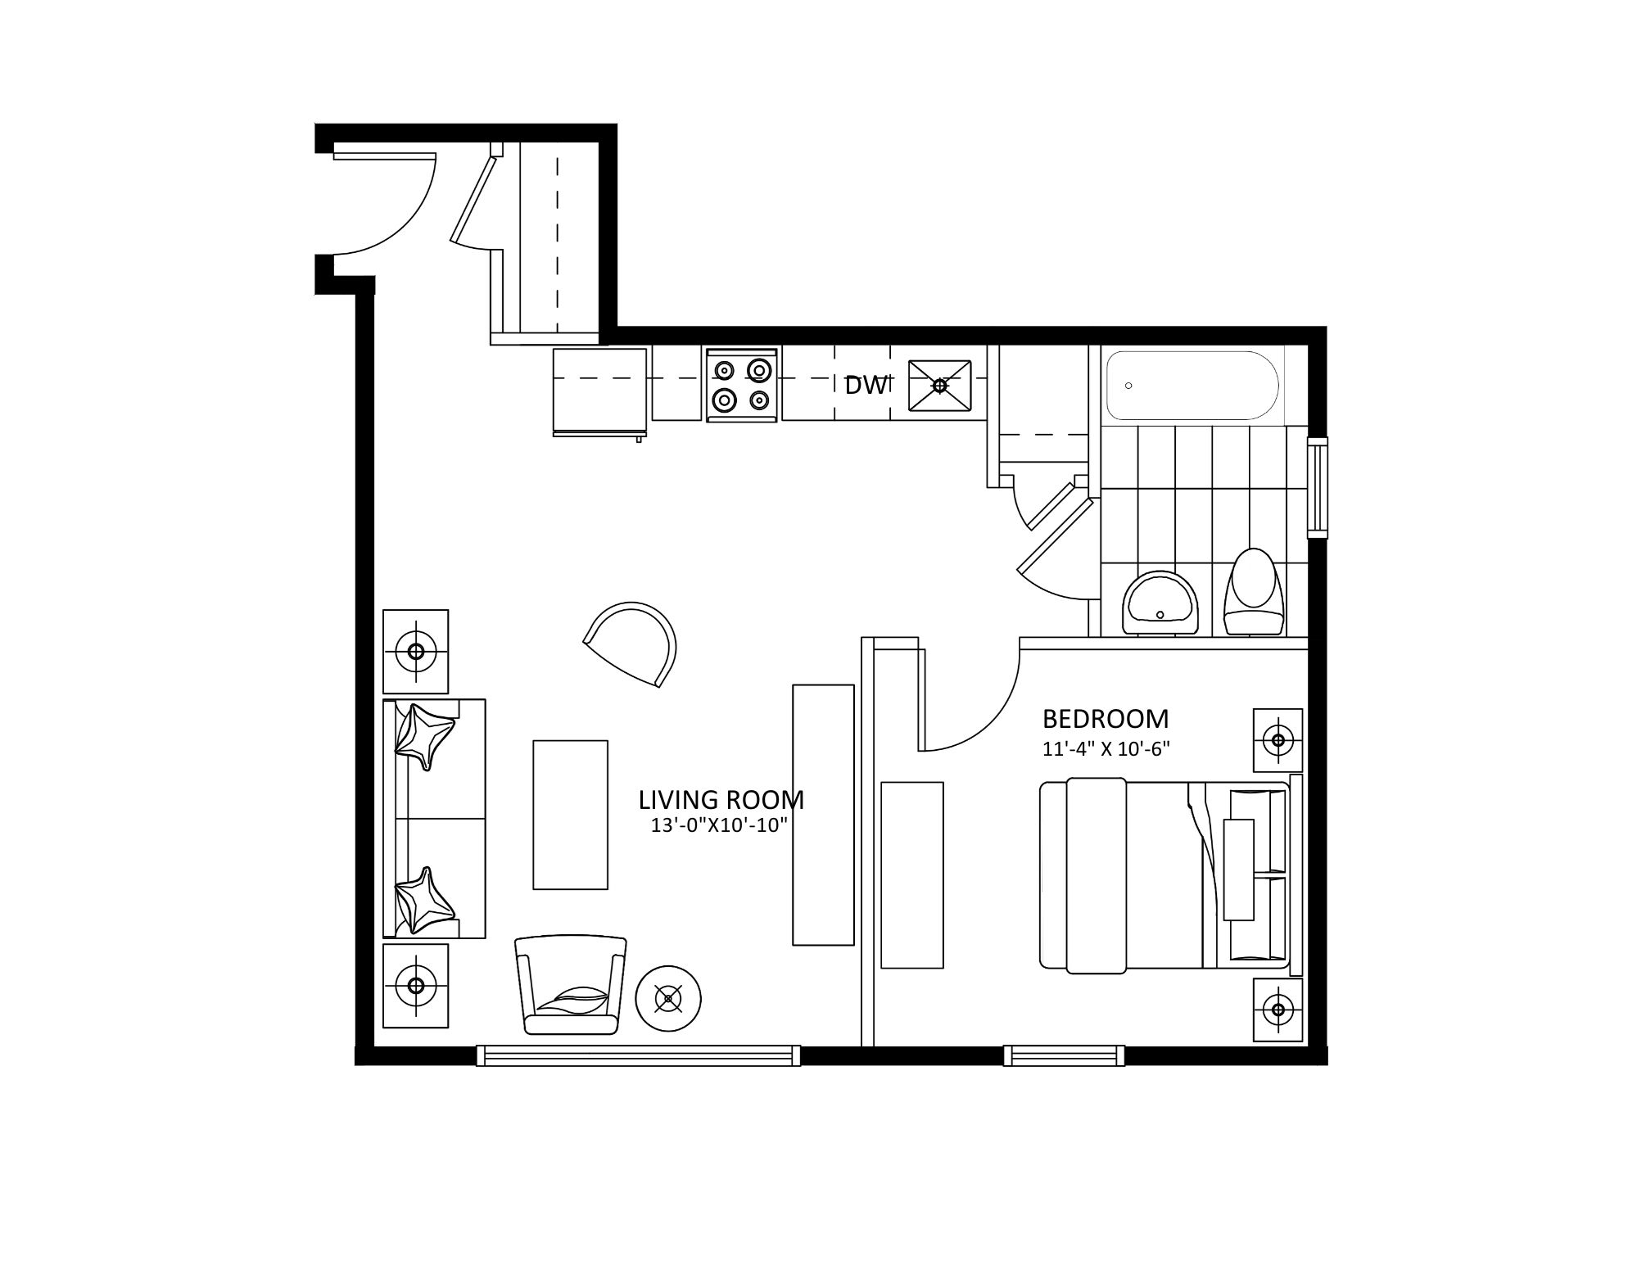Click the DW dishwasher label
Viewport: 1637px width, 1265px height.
click(866, 385)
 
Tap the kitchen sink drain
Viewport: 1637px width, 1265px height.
click(939, 384)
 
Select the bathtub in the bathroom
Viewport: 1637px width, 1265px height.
click(1192, 386)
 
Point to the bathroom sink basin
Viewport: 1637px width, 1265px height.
click(1160, 602)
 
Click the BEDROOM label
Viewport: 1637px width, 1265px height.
click(1106, 719)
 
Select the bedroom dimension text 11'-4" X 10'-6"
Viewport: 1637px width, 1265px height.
click(1106, 749)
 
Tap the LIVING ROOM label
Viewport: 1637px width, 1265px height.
click(721, 799)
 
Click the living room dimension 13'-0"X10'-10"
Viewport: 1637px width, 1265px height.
click(719, 825)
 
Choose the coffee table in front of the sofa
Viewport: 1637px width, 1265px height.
click(571, 815)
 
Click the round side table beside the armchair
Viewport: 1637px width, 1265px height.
click(669, 998)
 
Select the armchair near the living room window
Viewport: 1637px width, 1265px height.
click(570, 986)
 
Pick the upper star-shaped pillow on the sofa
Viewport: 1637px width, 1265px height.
click(423, 736)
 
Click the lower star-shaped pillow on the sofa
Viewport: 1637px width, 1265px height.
click(423, 901)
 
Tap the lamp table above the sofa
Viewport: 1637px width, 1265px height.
click(416, 652)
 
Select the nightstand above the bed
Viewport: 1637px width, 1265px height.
click(1277, 740)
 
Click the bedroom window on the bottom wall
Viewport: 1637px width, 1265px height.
click(1065, 1055)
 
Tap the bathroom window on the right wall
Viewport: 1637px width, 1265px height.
click(1318, 487)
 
